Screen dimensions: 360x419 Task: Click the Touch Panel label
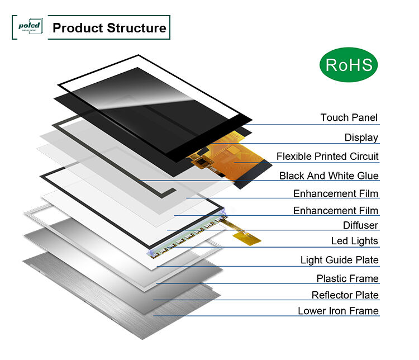click(349, 118)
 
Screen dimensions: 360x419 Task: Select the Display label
click(361, 138)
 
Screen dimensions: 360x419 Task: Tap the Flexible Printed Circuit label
click(327, 157)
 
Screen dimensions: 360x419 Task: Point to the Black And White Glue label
click(329, 176)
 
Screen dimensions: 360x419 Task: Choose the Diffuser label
click(360, 225)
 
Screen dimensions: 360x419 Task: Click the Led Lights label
click(355, 241)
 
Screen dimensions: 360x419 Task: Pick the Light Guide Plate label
click(339, 260)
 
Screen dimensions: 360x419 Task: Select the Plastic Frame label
click(347, 278)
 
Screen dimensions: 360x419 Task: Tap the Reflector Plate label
click(345, 295)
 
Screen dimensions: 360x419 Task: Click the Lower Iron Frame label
click(338, 311)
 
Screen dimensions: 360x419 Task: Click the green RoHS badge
click(349, 65)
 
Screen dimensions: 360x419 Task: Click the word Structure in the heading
click(136, 28)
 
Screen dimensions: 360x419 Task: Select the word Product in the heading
click(77, 28)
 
